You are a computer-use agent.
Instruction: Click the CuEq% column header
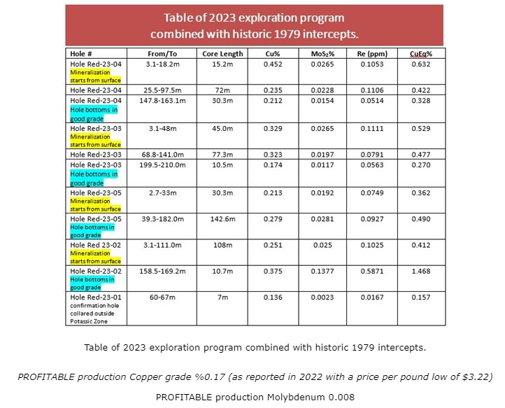click(x=420, y=53)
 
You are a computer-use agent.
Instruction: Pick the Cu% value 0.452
click(x=273, y=64)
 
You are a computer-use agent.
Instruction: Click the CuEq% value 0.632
click(x=420, y=64)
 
